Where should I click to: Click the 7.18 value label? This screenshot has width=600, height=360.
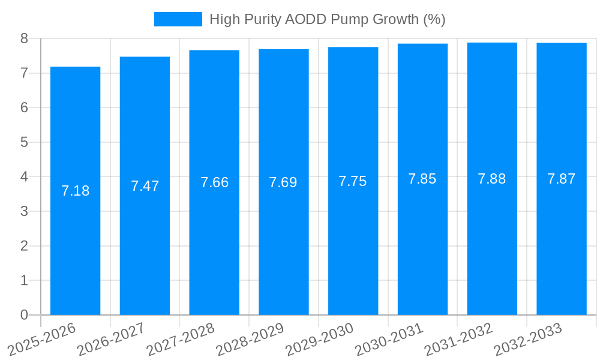[76, 191]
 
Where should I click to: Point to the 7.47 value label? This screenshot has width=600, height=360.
[145, 186]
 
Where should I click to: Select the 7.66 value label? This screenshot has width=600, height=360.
[214, 182]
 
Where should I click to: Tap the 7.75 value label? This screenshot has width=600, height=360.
[353, 181]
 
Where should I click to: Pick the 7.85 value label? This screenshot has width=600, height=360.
[422, 179]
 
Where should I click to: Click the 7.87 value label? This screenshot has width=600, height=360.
[562, 179]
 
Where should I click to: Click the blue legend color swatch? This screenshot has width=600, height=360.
[178, 19]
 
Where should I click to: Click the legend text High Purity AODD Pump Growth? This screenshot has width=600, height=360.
[327, 19]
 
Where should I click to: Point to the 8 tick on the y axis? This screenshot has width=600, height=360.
[24, 38]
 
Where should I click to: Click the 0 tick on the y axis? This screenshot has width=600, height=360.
[24, 315]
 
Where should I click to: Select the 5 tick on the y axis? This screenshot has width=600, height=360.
[24, 142]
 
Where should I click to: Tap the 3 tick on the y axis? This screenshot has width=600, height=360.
[24, 211]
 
